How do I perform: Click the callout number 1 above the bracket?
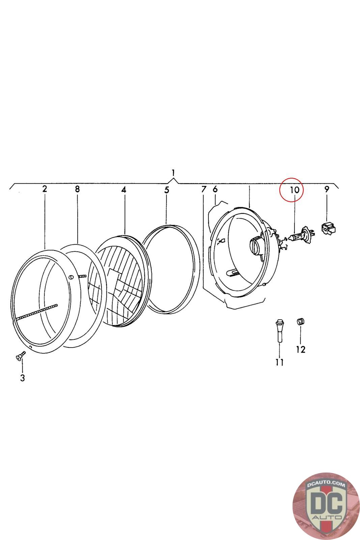[x=173, y=173]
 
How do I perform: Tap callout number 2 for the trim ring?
[x=45, y=189]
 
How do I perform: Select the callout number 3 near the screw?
[x=22, y=378]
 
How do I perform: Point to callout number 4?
[x=124, y=190]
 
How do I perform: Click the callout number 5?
[x=167, y=190]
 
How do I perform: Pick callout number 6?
[x=215, y=189]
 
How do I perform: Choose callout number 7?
[x=203, y=189]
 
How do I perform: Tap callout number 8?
[x=77, y=189]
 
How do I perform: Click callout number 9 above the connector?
[x=326, y=189]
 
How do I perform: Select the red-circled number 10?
[x=295, y=190]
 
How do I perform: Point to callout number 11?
[x=279, y=362]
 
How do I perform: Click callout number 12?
[x=301, y=350]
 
